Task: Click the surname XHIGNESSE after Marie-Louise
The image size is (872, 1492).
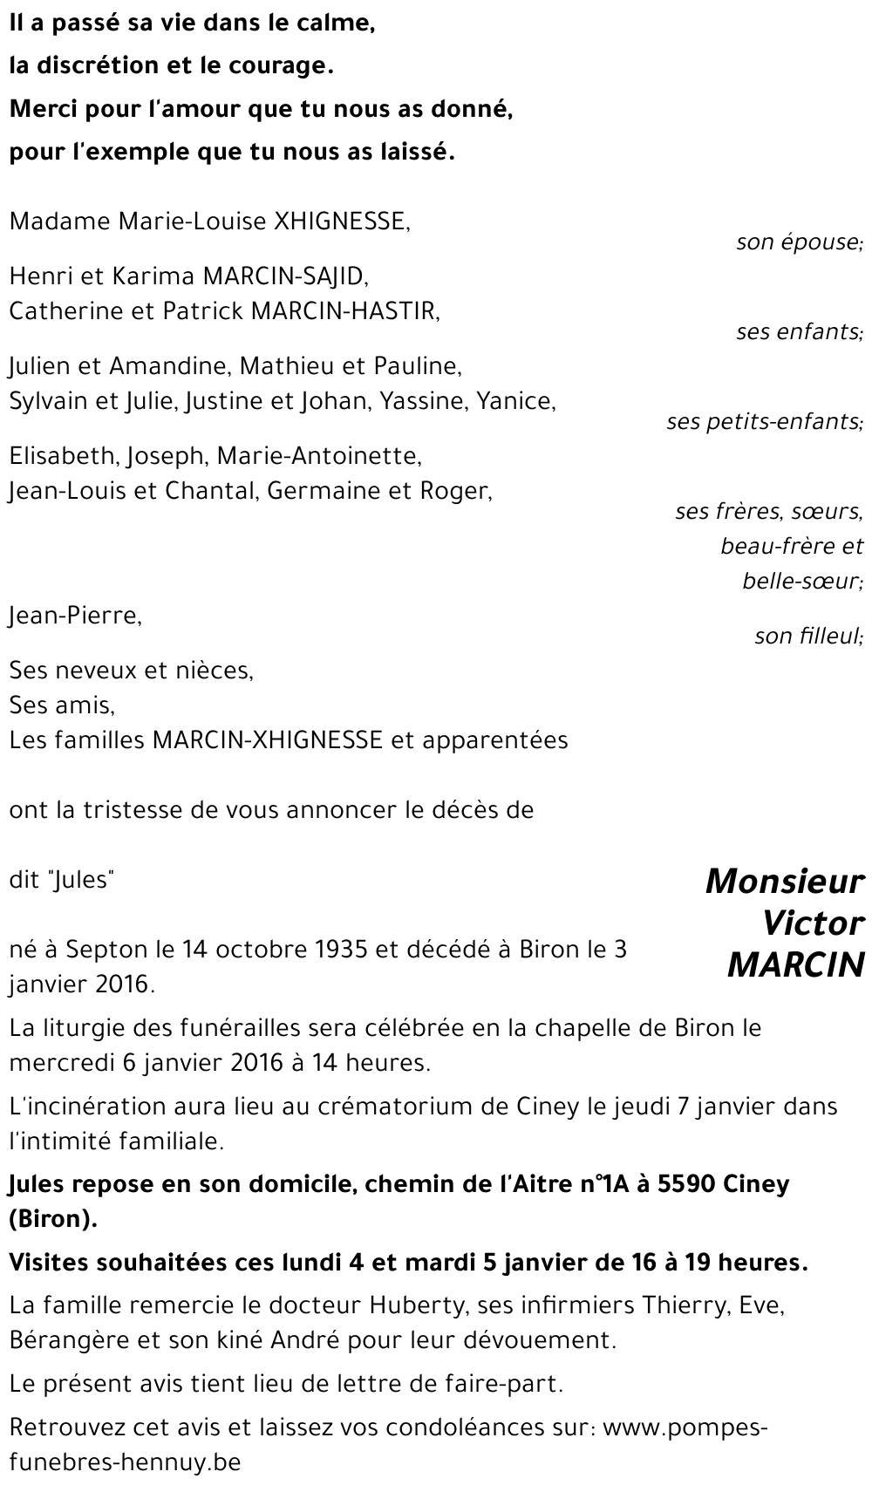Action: [x=341, y=221]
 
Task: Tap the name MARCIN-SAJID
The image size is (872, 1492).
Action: [x=285, y=276]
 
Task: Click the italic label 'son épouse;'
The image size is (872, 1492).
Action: [x=800, y=242]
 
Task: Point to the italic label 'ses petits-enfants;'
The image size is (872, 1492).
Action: [x=765, y=422]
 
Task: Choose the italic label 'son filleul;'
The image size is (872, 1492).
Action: [x=808, y=637]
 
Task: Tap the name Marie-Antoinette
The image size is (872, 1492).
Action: [x=318, y=455]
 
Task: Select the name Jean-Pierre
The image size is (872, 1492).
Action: [x=74, y=616]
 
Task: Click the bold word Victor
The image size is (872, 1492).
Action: [x=813, y=923]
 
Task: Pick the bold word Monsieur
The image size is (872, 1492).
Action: [x=784, y=882]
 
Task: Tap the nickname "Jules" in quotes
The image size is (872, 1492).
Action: [x=84, y=880]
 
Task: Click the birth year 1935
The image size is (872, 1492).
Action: [x=335, y=950]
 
